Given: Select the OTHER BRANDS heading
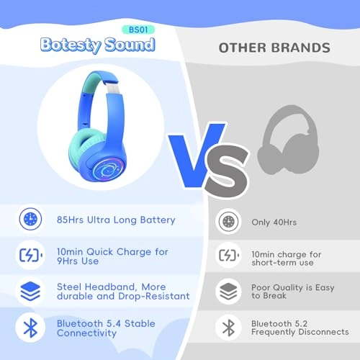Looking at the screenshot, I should pos(274,48).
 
